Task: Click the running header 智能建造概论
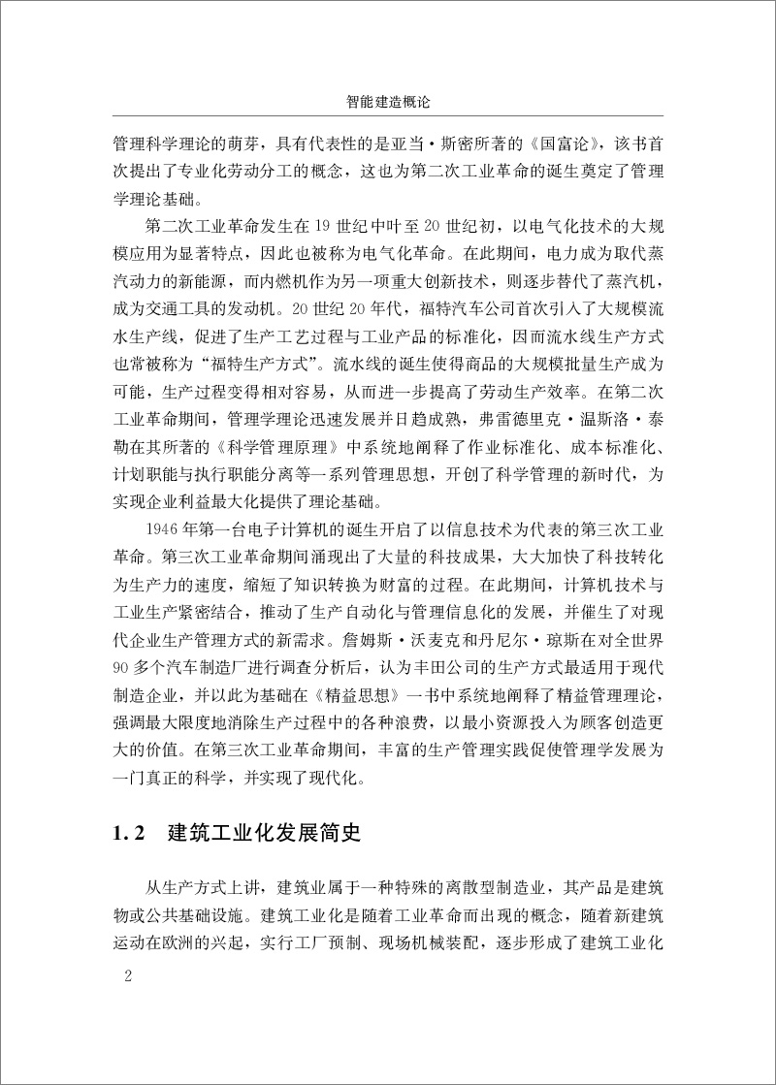(x=387, y=101)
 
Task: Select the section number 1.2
(x=129, y=835)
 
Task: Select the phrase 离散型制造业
(x=481, y=892)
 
